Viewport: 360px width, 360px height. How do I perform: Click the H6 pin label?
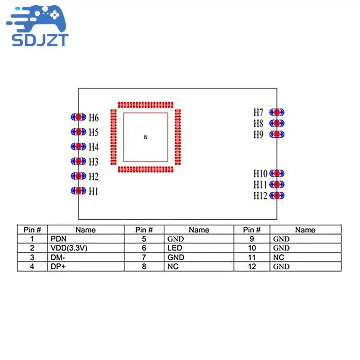93,118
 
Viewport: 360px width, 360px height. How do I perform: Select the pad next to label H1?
78,191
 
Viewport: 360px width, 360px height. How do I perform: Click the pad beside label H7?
277,112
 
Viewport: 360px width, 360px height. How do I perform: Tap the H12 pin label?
260,196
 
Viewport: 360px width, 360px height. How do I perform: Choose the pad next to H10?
277,173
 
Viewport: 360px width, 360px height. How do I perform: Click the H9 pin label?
258,135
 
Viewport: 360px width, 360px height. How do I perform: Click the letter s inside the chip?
145,137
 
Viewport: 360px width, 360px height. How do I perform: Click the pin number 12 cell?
252,266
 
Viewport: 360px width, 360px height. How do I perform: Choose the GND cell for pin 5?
175,239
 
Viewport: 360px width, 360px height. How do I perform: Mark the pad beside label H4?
78,147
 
